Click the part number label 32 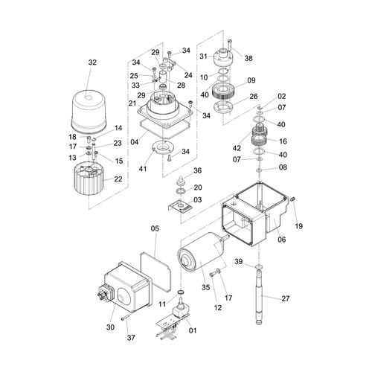92,62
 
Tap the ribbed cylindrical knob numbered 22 89,179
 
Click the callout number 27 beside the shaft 286,298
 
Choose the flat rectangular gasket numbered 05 155,271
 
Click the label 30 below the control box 110,327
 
